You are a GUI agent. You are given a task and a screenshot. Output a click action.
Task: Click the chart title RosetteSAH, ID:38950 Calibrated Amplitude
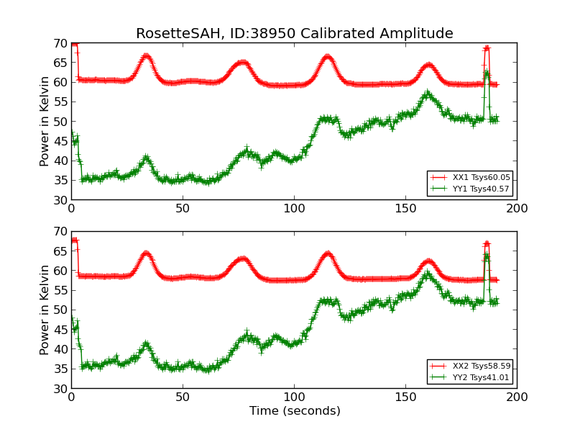pyautogui.click(x=295, y=34)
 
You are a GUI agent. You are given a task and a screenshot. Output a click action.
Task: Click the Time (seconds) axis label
pyautogui.click(x=295, y=411)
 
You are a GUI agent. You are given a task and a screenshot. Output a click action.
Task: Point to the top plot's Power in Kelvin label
pyautogui.click(x=45, y=121)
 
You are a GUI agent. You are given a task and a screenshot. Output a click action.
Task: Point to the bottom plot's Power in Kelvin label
pyautogui.click(x=45, y=310)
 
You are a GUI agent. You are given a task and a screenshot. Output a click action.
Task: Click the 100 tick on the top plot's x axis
pyautogui.click(x=294, y=208)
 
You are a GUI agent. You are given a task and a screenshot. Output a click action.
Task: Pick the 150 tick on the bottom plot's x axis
pyautogui.click(x=405, y=397)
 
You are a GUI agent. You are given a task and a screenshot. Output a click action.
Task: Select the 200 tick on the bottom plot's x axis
pyautogui.click(x=517, y=397)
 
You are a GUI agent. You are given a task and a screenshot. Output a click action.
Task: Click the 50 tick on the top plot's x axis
pyautogui.click(x=183, y=208)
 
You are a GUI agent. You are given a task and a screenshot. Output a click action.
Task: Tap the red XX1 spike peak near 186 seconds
pyautogui.click(x=487, y=48)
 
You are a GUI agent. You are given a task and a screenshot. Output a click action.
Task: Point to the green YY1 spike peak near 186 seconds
pyautogui.click(x=487, y=73)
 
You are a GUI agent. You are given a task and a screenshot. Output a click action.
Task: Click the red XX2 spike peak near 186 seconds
pyautogui.click(x=487, y=244)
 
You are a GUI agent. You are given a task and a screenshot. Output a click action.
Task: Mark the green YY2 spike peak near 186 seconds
pyautogui.click(x=487, y=256)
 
